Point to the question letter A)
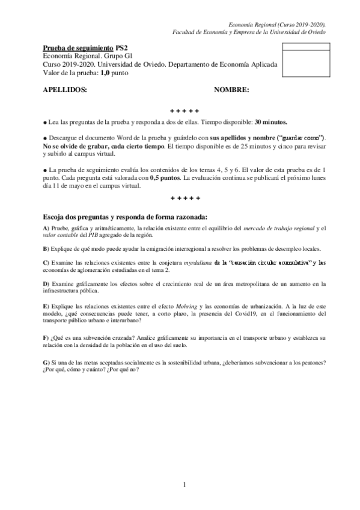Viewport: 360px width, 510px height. (46, 228)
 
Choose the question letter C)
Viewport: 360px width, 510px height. (46, 263)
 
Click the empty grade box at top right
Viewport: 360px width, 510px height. (303, 60)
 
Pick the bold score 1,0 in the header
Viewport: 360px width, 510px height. (108, 73)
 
